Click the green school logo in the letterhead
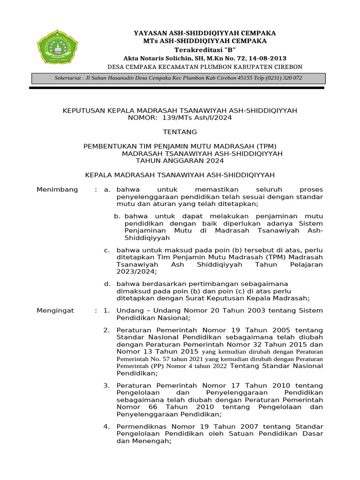pyautogui.click(x=55, y=47)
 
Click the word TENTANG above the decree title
pyautogui.click(x=180, y=132)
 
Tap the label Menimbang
pyautogui.click(x=57, y=189)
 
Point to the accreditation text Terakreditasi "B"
pyautogui.click(x=205, y=50)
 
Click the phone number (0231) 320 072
pyautogui.click(x=284, y=78)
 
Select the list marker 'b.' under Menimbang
pyautogui.click(x=117, y=216)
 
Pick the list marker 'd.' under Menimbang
pyautogui.click(x=107, y=284)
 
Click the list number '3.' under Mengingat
pyautogui.click(x=106, y=385)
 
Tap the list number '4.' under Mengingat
pyautogui.click(x=106, y=427)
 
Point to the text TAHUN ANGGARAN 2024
pyautogui.click(x=180, y=161)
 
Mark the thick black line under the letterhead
pyautogui.click(x=177, y=88)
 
